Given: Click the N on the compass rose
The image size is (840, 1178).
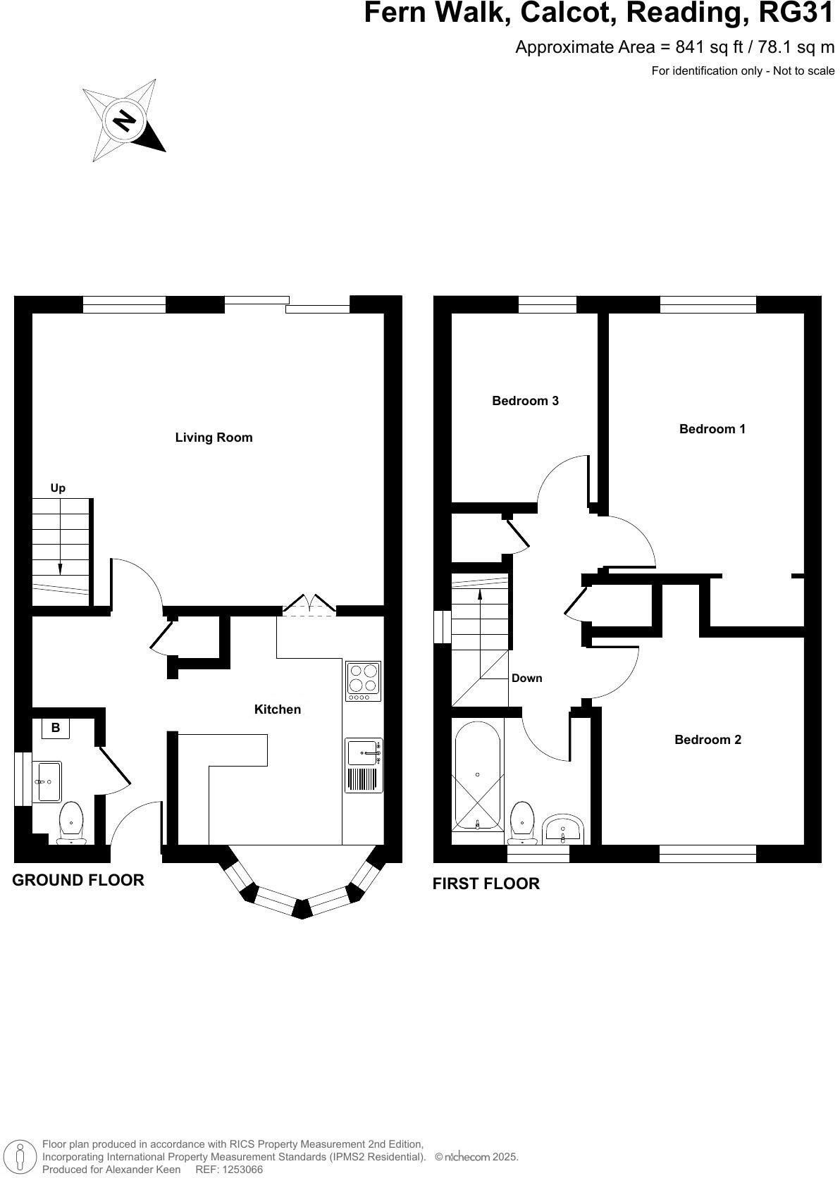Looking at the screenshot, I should coord(125,120).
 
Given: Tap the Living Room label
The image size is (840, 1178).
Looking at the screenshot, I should coord(214,438).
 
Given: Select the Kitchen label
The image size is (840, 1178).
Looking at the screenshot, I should coord(278,709).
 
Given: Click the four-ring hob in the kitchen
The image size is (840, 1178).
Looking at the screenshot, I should coord(363,681).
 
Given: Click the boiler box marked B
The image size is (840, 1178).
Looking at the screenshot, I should coord(56,728).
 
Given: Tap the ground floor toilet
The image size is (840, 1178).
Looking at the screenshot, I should coord(71,822).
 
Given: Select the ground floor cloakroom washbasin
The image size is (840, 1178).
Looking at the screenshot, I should coord(49,781).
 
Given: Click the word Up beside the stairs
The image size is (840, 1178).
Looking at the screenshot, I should coord(58,488).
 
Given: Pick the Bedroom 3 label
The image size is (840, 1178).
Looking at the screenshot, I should coord(525,401).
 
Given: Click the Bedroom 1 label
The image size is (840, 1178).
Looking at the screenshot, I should coord(712,429).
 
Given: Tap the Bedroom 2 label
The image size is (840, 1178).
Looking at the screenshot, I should coord(708,740).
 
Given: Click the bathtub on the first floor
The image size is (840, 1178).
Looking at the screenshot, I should coord(478,774).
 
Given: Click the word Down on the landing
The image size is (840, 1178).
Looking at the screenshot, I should coord(526,678).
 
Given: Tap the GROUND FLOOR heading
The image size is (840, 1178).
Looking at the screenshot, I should coord(78,880).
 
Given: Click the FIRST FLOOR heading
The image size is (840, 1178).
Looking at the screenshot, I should coord(486,883).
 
